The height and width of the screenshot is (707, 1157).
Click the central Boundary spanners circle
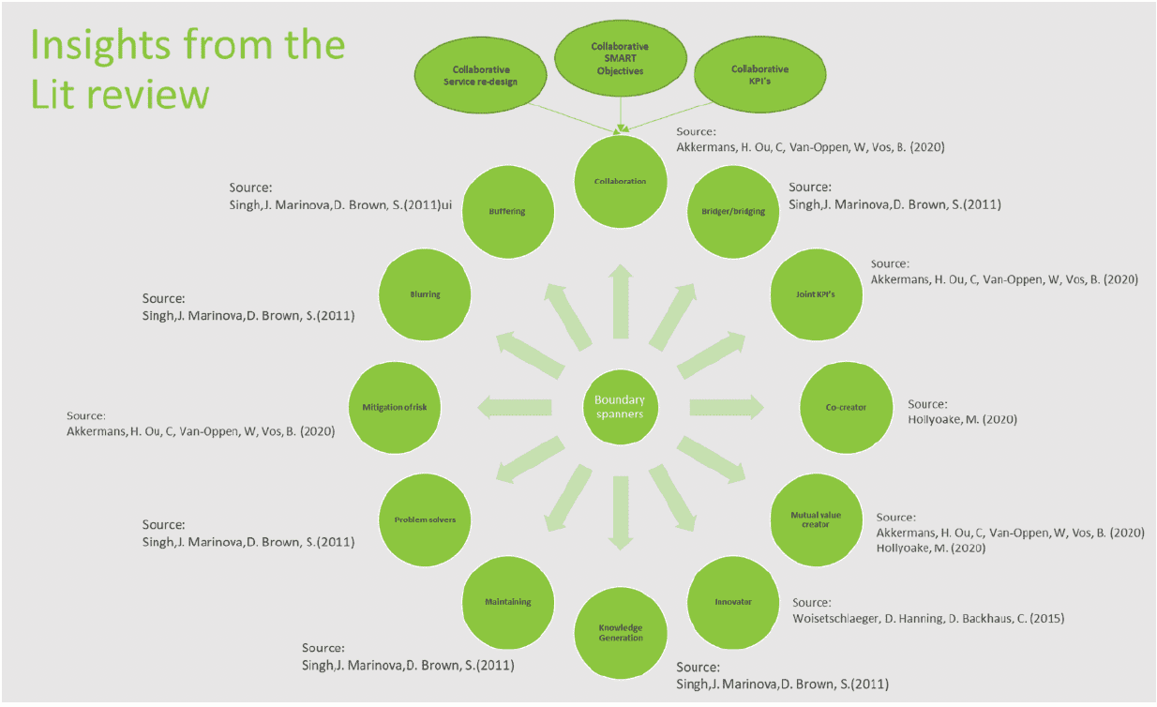620,407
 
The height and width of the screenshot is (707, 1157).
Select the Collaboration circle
620,181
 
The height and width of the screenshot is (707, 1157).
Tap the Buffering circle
507,211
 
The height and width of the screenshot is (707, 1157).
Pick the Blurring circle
425,293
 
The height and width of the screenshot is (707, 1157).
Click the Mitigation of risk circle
394,407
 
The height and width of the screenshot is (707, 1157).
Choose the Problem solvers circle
425,519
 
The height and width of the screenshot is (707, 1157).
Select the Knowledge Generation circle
621,631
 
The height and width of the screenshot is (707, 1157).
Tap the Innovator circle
733,601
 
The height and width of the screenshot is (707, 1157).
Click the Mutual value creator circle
816,519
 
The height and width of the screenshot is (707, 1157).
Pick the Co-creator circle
846,407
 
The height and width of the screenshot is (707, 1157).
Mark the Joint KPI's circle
815,293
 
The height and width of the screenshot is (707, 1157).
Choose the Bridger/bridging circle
733,211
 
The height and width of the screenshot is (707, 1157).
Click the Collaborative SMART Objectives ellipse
619,59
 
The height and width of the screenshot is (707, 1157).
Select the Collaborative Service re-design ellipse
486,75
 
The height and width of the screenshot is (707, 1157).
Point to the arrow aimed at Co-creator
727,407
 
